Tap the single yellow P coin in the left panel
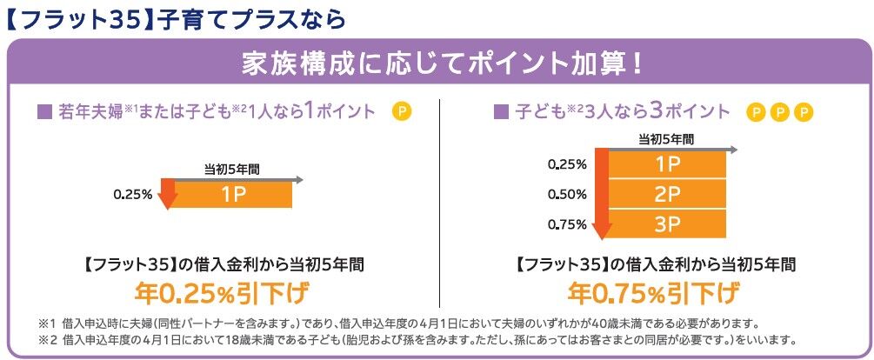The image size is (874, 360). pyautogui.click(x=401, y=111)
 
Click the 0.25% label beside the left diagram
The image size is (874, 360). pyautogui.click(x=131, y=194)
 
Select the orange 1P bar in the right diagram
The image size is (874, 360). pyautogui.click(x=666, y=164)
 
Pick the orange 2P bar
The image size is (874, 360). pyautogui.click(x=666, y=194)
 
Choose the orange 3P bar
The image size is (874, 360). pyautogui.click(x=666, y=224)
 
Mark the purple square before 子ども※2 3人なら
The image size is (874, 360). pyautogui.click(x=500, y=112)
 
